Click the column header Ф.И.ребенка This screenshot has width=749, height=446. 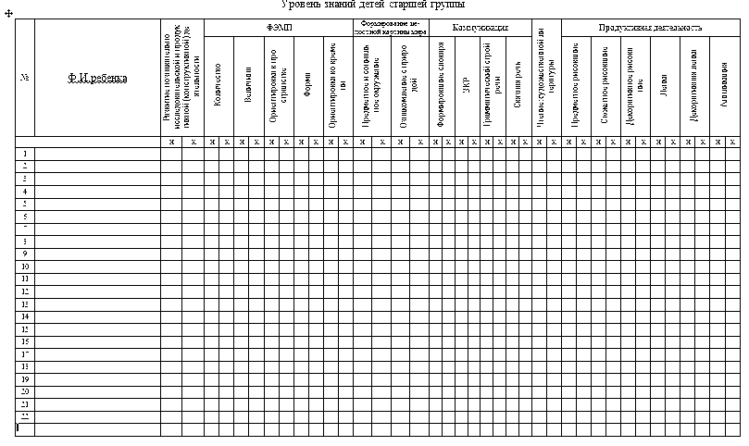pos(97,78)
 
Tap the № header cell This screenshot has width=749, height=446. pos(25,78)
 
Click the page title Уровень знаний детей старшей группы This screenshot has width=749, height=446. pos(373,5)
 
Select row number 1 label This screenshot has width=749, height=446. pos(25,154)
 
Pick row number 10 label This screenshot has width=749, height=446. pos(25,266)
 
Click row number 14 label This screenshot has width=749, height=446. pos(25,316)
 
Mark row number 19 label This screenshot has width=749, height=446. pos(25,378)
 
